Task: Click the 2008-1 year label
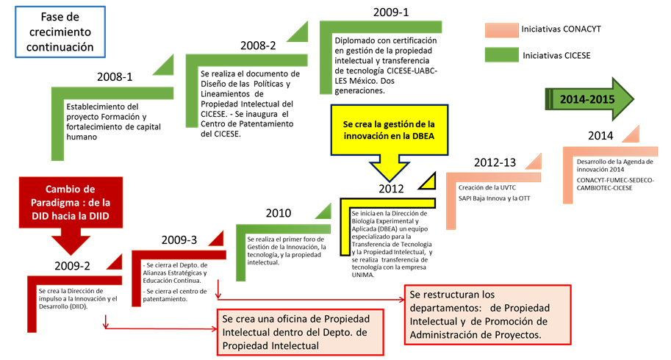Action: click(115, 76)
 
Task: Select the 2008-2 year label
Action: click(258, 46)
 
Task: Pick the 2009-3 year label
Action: click(179, 240)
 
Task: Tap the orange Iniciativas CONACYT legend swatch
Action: click(501, 30)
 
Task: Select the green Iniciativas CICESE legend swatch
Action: click(501, 54)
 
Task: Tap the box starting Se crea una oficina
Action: click(301, 330)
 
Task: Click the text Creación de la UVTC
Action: click(482, 187)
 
